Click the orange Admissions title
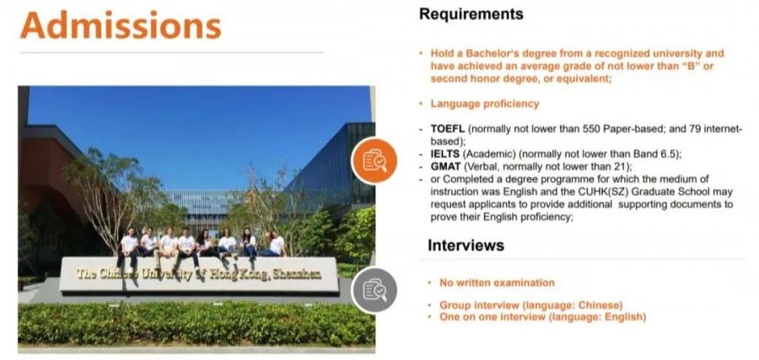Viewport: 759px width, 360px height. point(121,25)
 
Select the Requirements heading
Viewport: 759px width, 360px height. point(471,14)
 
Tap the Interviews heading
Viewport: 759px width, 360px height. point(466,245)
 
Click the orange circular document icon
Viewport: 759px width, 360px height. point(374,161)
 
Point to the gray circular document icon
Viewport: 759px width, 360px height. point(374,290)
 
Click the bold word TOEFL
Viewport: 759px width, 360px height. point(449,129)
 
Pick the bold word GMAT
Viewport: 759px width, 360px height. point(445,167)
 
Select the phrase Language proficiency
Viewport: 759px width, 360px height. point(485,104)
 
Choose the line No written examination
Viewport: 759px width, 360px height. point(497,282)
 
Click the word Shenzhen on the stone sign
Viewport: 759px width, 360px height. point(296,274)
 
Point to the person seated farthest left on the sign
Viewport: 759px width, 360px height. point(129,247)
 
